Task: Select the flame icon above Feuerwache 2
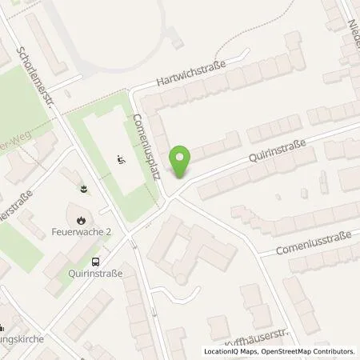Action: pyautogui.click(x=80, y=219)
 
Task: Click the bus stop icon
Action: pyautogui.click(x=96, y=260)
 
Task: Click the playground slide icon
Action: pyautogui.click(x=120, y=159)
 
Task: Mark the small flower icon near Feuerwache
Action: pyautogui.click(x=84, y=190)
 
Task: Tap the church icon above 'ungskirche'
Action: pyautogui.click(x=2, y=327)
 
